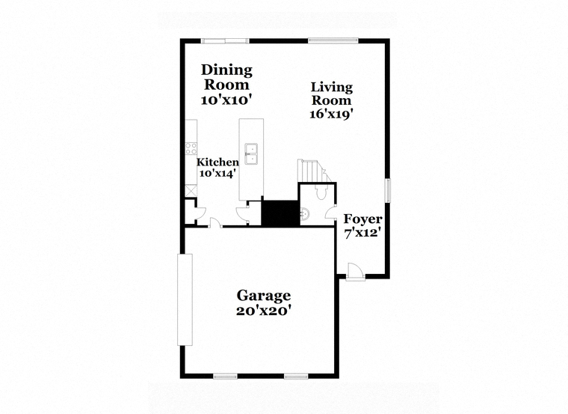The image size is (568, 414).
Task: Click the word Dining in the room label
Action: (x=226, y=71)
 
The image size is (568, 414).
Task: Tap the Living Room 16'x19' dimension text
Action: (x=331, y=115)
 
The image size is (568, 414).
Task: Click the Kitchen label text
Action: (x=217, y=162)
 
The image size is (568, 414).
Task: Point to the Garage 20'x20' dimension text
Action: (x=264, y=311)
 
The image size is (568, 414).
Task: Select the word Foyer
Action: (x=362, y=219)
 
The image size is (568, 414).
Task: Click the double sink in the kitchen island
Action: (x=250, y=153)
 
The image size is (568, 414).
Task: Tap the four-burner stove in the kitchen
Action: (x=191, y=148)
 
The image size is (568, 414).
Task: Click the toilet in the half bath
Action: (x=321, y=192)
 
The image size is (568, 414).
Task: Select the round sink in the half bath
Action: (x=305, y=214)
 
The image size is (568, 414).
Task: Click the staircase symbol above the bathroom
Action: (x=314, y=171)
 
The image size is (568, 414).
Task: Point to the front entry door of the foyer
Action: (x=355, y=272)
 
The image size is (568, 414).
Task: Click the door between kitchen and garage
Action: (x=216, y=223)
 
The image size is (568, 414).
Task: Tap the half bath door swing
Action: (x=331, y=213)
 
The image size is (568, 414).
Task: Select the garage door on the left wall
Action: (x=185, y=299)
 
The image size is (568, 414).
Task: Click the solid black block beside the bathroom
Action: (x=280, y=213)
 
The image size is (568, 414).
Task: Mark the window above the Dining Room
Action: (x=225, y=40)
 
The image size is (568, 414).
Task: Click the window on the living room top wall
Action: (x=333, y=40)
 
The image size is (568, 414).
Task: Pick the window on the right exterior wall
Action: (x=388, y=190)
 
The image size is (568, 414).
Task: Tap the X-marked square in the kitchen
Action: (x=191, y=191)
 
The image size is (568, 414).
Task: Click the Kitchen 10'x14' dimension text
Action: (x=217, y=173)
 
